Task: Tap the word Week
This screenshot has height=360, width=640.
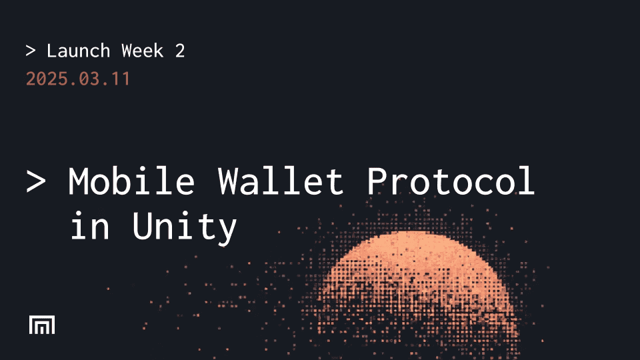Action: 143,51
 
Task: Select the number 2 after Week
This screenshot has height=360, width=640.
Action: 180,51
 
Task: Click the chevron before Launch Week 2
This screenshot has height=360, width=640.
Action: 31,51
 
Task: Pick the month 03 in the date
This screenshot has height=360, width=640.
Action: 88,79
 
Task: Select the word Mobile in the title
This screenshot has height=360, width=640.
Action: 132,181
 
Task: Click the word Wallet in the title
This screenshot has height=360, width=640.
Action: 281,181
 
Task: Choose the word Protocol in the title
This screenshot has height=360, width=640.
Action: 451,181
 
